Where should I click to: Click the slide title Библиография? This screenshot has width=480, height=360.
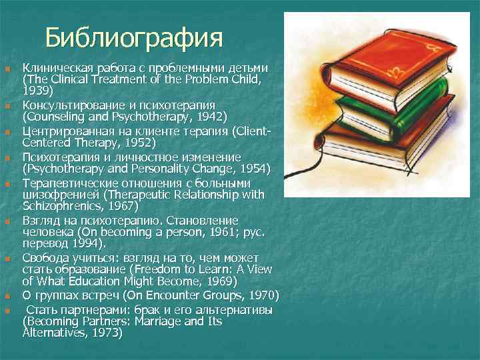pos(133,37)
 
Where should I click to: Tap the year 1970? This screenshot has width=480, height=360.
pos(259,295)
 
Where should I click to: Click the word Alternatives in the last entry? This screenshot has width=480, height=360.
pos(54,331)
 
